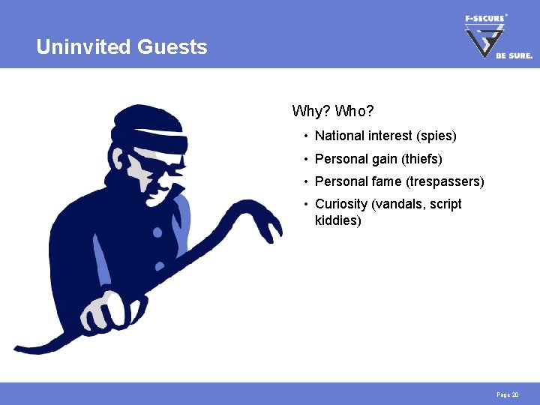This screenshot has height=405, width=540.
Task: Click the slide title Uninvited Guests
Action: coord(121,47)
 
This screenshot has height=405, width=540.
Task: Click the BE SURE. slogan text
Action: coord(514,55)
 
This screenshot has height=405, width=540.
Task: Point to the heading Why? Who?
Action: coord(332,112)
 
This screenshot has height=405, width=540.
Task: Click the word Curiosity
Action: coord(341,204)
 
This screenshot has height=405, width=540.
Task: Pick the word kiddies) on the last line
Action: coord(338,220)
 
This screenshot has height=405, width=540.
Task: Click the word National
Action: coord(340,136)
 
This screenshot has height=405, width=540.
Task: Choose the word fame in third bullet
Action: coord(386,181)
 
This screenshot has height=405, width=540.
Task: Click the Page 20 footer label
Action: coord(508,394)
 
